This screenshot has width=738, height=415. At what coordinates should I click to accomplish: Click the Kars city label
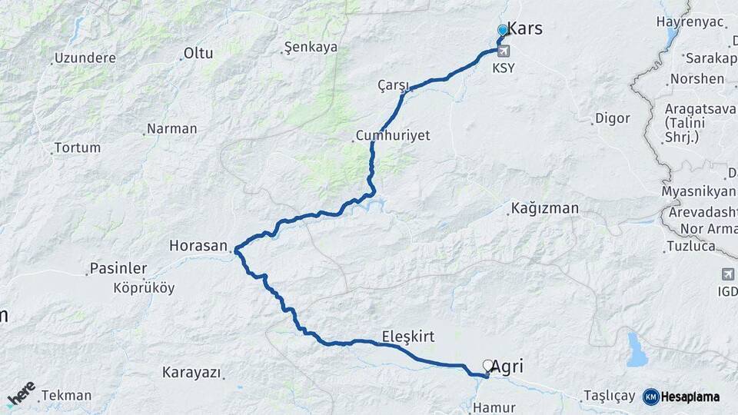point(525,29)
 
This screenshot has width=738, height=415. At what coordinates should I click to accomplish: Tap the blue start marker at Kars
point(503,30)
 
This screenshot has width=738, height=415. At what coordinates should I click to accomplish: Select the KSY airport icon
point(504,52)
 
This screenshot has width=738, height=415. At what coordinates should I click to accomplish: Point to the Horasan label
point(199,247)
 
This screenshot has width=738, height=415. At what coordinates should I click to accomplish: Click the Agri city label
point(507,367)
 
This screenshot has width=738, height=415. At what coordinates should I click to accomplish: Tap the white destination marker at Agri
point(488,365)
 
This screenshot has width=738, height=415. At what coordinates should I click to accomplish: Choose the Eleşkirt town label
point(408,337)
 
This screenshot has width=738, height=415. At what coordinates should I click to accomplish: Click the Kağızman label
point(544,208)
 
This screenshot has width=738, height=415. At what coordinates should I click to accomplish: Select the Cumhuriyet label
point(392,135)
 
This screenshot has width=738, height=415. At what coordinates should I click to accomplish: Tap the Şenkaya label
point(311,47)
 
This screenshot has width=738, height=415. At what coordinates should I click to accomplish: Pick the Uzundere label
point(85,58)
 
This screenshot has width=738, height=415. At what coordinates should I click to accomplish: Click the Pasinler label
point(118,268)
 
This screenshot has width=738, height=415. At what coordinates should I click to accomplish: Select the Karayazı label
point(191,373)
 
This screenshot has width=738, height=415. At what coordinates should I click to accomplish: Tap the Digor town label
point(613,118)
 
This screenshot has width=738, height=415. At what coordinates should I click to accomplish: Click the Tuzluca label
point(691,246)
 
